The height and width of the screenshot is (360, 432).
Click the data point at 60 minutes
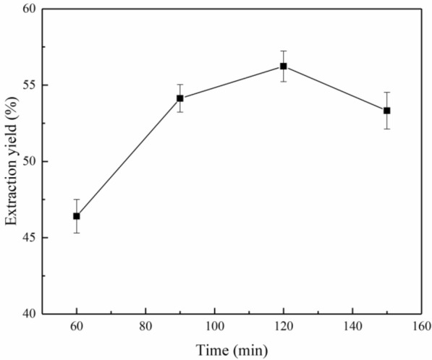77,215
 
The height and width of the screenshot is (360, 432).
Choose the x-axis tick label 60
77,327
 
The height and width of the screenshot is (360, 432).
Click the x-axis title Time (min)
232,350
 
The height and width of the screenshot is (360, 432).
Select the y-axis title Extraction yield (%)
11,161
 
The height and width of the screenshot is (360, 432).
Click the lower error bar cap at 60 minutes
77,232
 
